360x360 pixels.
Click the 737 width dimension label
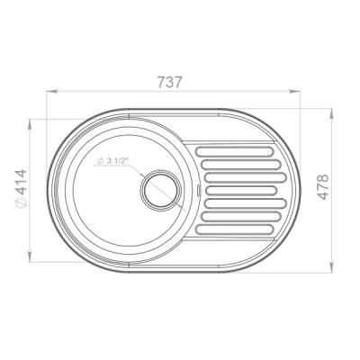170,82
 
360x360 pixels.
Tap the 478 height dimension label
323,187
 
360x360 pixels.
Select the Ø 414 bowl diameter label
21,188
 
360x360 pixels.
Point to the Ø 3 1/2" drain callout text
112,161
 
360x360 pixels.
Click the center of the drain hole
160,189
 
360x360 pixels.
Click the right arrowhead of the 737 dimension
294,91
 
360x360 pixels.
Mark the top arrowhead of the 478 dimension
332,114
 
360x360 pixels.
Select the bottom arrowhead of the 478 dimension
332,267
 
